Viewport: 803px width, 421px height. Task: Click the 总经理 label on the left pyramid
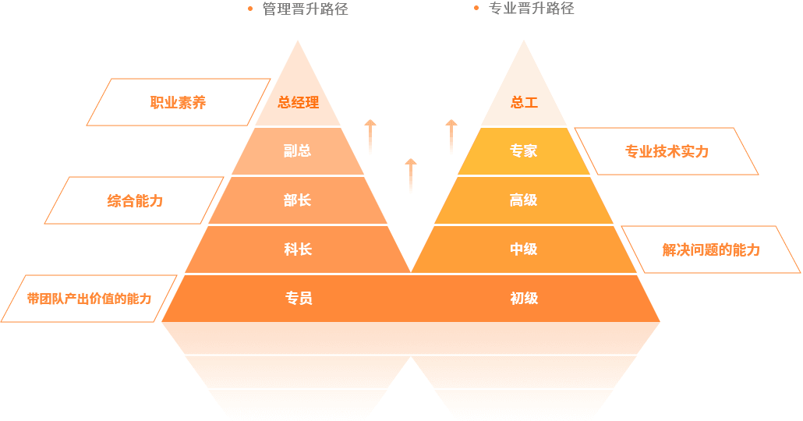click(x=298, y=102)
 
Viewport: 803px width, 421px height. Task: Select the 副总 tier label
click(x=298, y=151)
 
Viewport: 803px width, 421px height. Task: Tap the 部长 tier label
click(x=298, y=200)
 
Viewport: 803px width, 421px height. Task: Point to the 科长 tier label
click(x=298, y=249)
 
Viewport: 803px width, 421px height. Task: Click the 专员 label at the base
click(x=298, y=298)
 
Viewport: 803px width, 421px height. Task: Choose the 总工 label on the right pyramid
click(x=524, y=102)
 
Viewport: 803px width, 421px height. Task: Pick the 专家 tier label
click(x=524, y=151)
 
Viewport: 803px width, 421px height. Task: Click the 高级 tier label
click(x=524, y=200)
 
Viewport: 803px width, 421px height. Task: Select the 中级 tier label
click(x=524, y=249)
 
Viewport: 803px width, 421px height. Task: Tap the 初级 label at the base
click(x=524, y=298)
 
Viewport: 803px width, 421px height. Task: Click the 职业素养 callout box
click(x=179, y=102)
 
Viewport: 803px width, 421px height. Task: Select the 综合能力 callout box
click(x=135, y=200)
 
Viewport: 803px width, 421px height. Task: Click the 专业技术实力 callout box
click(x=667, y=151)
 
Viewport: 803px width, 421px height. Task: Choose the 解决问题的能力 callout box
click(x=711, y=249)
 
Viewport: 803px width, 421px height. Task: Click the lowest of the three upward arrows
click(x=411, y=175)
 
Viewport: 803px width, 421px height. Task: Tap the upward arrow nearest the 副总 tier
click(x=370, y=136)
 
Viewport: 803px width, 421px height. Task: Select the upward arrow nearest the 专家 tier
click(x=451, y=136)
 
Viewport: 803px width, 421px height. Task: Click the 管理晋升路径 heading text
click(x=305, y=9)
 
